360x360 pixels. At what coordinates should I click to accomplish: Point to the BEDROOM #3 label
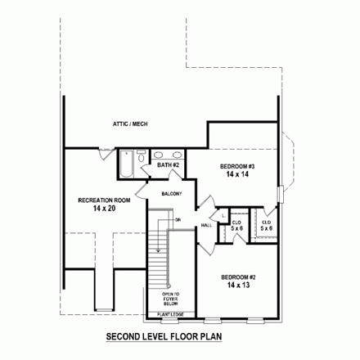tap(236, 167)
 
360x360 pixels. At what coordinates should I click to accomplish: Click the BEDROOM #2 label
tap(236, 277)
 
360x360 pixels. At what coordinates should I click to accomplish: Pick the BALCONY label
tap(171, 193)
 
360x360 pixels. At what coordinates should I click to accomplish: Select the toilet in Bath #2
tap(142, 156)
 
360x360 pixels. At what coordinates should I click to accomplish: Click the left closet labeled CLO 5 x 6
tap(236, 225)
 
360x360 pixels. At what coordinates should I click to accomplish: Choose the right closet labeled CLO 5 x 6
tap(267, 225)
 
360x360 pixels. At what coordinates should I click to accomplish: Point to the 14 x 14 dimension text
tap(236, 175)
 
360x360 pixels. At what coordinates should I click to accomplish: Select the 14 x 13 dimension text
tap(236, 286)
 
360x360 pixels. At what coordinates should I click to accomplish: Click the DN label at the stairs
tap(176, 220)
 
